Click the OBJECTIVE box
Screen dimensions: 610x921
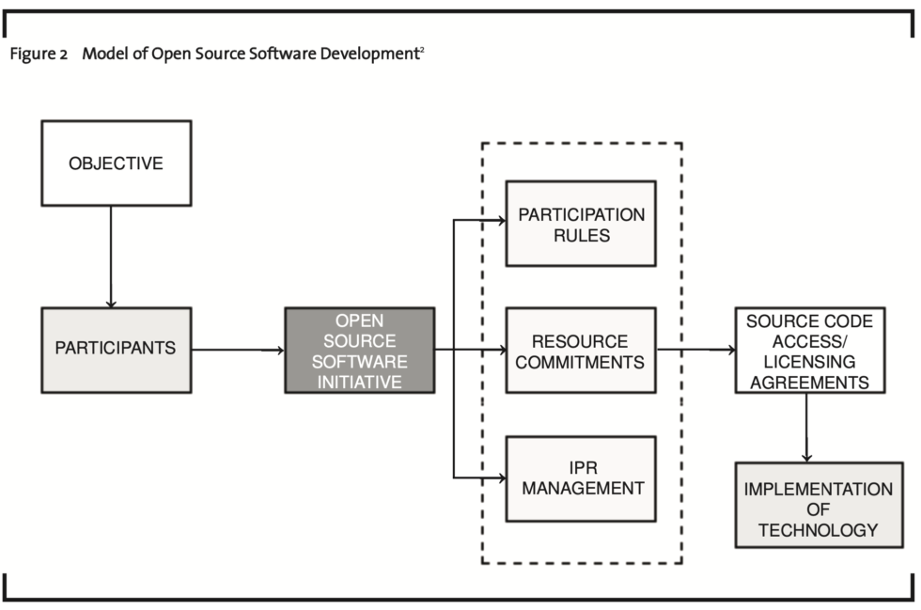[116, 164]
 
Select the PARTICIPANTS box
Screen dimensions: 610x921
[116, 349]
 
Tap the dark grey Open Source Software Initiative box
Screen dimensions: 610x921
[359, 350]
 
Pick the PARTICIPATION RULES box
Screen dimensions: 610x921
[581, 224]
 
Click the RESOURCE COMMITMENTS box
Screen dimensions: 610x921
[581, 350]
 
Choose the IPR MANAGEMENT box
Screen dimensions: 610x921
[581, 477]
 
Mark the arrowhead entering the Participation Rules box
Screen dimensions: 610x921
[501, 222]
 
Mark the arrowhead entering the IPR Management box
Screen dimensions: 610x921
[501, 477]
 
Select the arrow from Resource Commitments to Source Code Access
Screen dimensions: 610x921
[695, 350]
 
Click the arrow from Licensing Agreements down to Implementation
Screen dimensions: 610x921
[806, 427]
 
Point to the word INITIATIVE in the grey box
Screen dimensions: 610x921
[360, 382]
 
